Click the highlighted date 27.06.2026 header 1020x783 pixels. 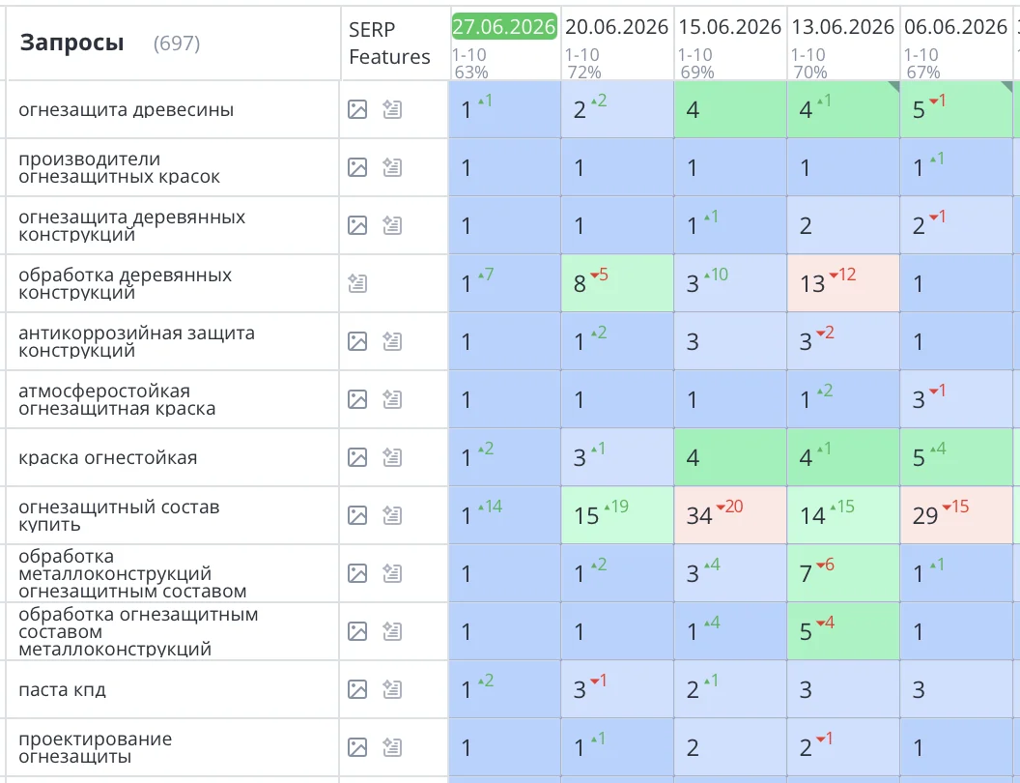pos(504,27)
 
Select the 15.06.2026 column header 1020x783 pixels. pos(730,27)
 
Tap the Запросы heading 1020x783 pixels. pos(71,43)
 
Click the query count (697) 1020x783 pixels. pos(177,43)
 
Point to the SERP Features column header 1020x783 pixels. pos(389,43)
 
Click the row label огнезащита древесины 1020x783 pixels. pos(127,109)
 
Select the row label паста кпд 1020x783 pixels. pos(62,689)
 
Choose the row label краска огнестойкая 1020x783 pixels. pos(107,457)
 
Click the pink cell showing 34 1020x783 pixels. pos(730,515)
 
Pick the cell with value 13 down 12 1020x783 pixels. pos(843,283)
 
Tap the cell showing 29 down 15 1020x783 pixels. pos(956,515)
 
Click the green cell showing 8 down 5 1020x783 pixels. pos(617,283)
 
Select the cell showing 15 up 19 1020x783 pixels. pos(617,515)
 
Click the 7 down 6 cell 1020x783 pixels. pos(843,573)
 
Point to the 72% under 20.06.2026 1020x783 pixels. pos(584,72)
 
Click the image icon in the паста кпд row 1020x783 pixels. pos(357,689)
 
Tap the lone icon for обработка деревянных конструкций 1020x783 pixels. pos(357,283)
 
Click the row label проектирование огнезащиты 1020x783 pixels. pos(95,747)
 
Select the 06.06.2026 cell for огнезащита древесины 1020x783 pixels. pos(956,109)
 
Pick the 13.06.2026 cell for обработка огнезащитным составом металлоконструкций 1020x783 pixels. pos(843,631)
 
